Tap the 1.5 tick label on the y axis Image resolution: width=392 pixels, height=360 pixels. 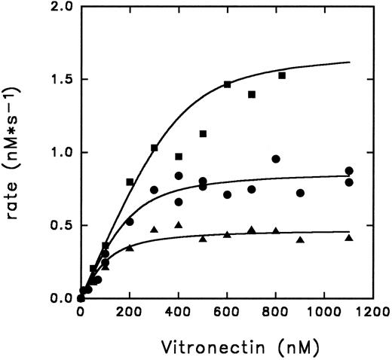tap(59, 80)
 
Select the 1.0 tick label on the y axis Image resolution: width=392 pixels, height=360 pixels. tap(59, 153)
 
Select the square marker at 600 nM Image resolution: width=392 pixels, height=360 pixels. tap(228, 84)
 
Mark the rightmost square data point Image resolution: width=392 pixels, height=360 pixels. tap(282, 75)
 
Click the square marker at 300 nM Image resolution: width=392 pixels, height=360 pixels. tap(155, 148)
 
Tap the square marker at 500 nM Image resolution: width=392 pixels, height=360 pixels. tap(203, 134)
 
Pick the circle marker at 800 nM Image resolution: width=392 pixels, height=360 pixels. tap(276, 159)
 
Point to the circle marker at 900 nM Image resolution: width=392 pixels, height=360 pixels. tap(300, 193)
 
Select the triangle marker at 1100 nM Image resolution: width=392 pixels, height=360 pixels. tap(349, 238)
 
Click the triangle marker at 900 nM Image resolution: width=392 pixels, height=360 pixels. tap(300, 240)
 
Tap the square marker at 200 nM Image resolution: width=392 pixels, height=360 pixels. tap(130, 182)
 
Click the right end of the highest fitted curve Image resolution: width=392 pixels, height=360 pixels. tap(349, 62)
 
